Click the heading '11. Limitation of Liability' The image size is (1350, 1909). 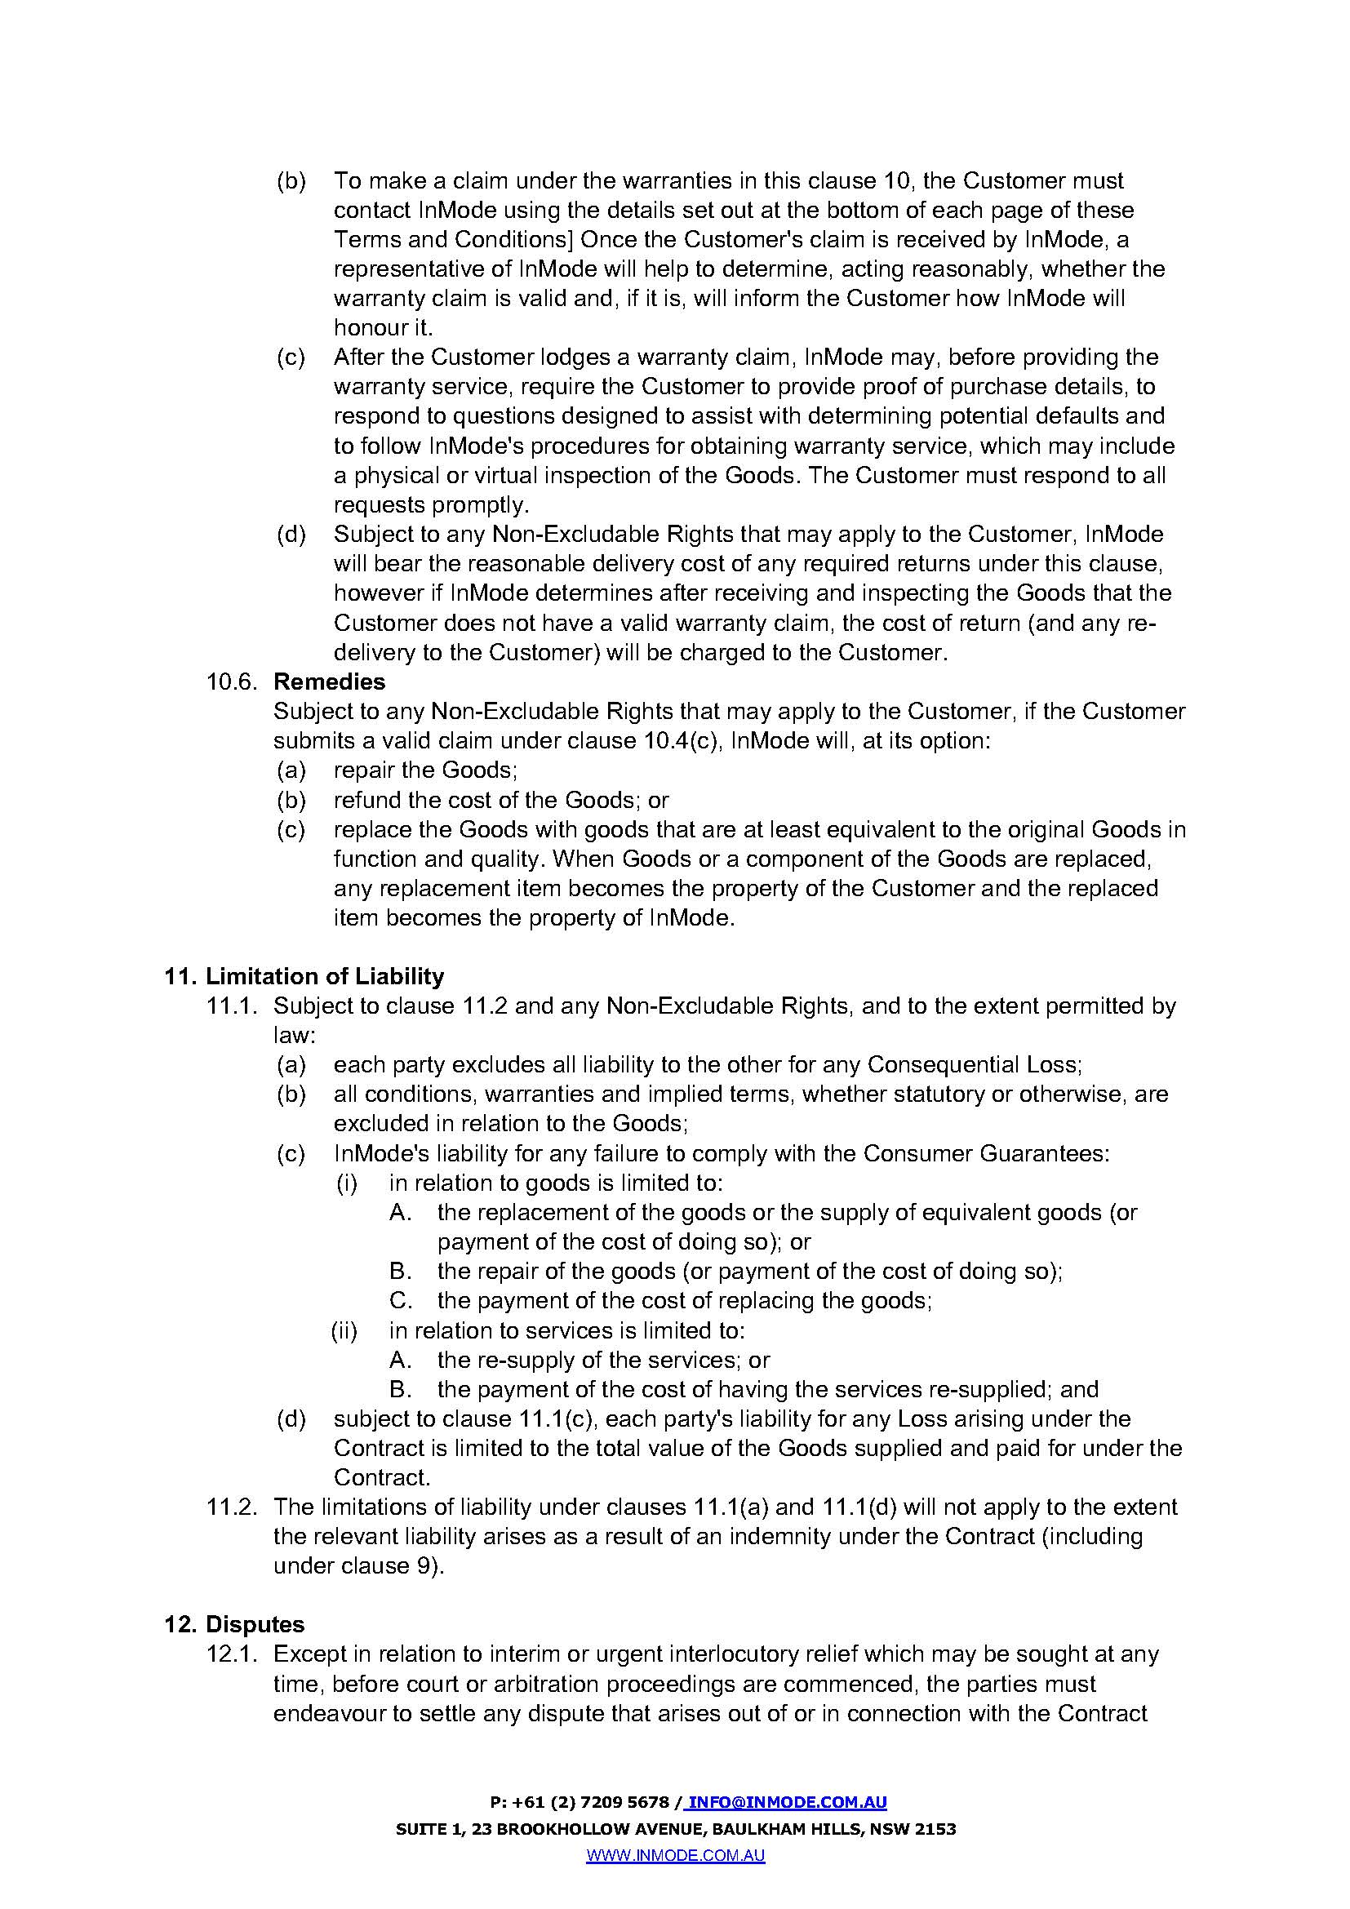click(304, 976)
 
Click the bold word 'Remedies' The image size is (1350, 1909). click(329, 681)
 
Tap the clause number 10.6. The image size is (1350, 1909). click(232, 681)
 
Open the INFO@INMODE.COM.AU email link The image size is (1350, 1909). click(787, 1803)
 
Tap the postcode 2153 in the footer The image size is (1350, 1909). click(937, 1829)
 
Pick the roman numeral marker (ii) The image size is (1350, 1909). click(344, 1330)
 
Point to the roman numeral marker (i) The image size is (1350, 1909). click(347, 1183)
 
